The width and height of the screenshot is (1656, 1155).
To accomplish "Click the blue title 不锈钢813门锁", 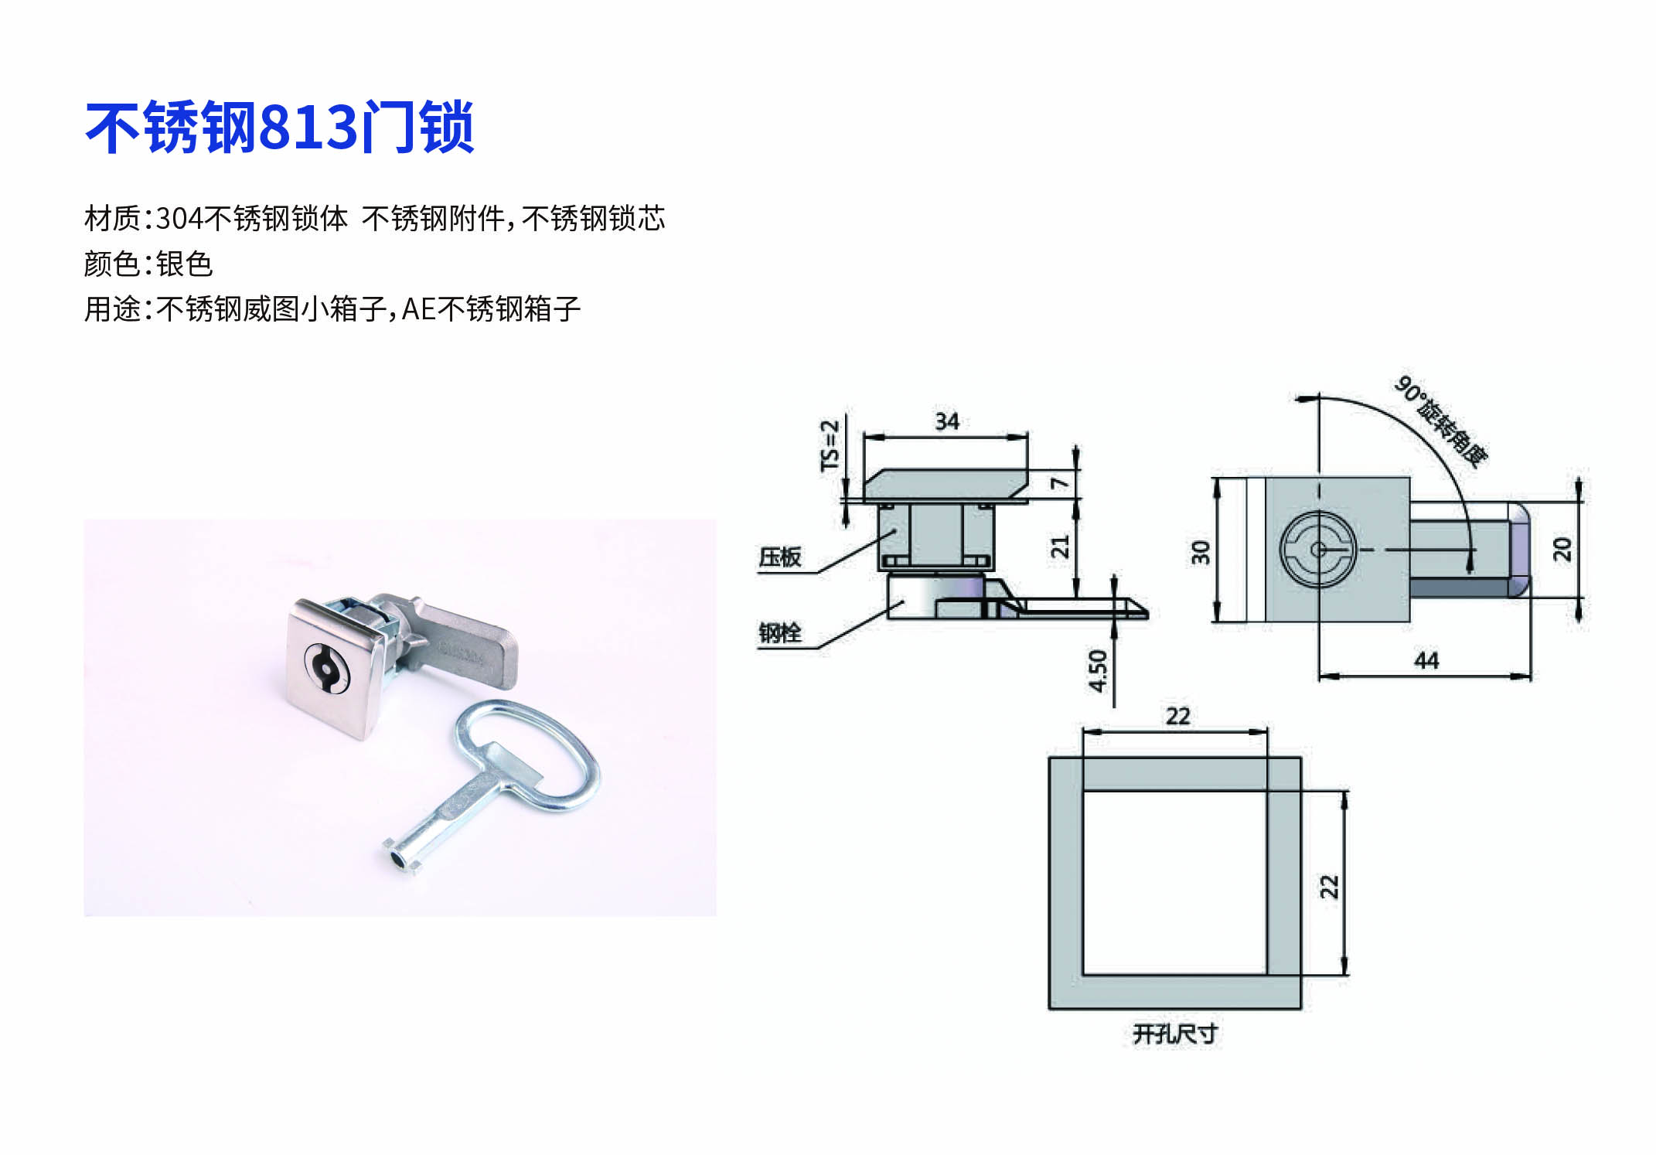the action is [x=279, y=128].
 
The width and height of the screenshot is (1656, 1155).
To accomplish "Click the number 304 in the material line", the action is [x=180, y=219].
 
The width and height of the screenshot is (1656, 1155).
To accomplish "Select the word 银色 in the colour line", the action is [x=184, y=264].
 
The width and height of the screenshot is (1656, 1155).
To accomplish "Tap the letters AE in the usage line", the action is [x=419, y=309].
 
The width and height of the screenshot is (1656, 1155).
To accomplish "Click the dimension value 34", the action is [x=947, y=421].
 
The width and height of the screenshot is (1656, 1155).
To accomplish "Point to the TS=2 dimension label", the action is [x=830, y=445].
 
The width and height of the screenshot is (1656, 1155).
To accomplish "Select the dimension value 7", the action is [x=1059, y=483].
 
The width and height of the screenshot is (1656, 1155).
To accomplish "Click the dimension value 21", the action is [x=1059, y=546].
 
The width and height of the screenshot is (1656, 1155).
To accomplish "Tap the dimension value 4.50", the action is [x=1098, y=671].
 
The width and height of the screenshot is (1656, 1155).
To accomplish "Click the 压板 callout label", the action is [x=779, y=557].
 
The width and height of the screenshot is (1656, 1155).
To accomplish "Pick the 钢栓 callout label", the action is [x=779, y=633].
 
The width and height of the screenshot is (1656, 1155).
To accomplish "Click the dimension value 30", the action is [x=1200, y=552].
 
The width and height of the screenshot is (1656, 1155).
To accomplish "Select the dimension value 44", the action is [x=1426, y=660].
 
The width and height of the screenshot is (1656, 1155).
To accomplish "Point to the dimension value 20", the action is [x=1562, y=549].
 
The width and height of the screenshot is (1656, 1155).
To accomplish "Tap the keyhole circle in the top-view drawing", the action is [x=1318, y=550].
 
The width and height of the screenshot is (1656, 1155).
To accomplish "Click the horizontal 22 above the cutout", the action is [x=1177, y=716].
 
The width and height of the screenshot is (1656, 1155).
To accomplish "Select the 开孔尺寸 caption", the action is [x=1175, y=1034].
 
